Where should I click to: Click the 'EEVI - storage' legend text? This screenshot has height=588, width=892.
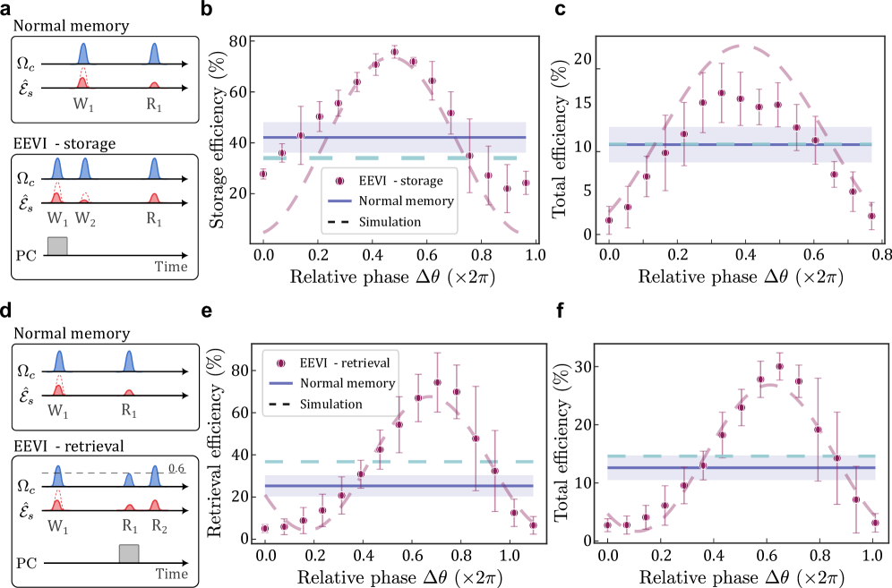coord(400,181)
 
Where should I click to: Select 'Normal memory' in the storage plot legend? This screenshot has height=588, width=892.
coord(407,201)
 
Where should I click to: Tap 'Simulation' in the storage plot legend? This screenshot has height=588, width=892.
coord(390,222)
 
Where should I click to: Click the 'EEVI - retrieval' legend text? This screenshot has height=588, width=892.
coord(344,363)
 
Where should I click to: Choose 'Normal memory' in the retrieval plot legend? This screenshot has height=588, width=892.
coord(347,383)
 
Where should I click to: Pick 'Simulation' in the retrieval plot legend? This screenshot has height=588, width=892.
coord(330,404)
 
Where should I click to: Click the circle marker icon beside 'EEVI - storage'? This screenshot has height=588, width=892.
coord(339,181)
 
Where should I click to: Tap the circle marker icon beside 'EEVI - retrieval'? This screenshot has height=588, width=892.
coord(280,363)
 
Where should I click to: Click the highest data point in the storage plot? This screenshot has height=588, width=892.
coord(394,52)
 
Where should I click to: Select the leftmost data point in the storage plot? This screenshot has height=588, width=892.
coord(263,174)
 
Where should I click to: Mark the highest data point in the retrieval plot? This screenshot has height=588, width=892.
coord(437,382)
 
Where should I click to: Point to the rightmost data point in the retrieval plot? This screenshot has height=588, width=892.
coord(533,525)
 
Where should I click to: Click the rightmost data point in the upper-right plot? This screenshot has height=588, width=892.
coord(871,216)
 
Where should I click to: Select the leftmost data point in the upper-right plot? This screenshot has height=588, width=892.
coord(609,220)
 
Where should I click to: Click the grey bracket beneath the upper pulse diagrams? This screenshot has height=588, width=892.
coord(56,244)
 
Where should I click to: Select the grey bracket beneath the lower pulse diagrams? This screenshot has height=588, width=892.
coord(129,552)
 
